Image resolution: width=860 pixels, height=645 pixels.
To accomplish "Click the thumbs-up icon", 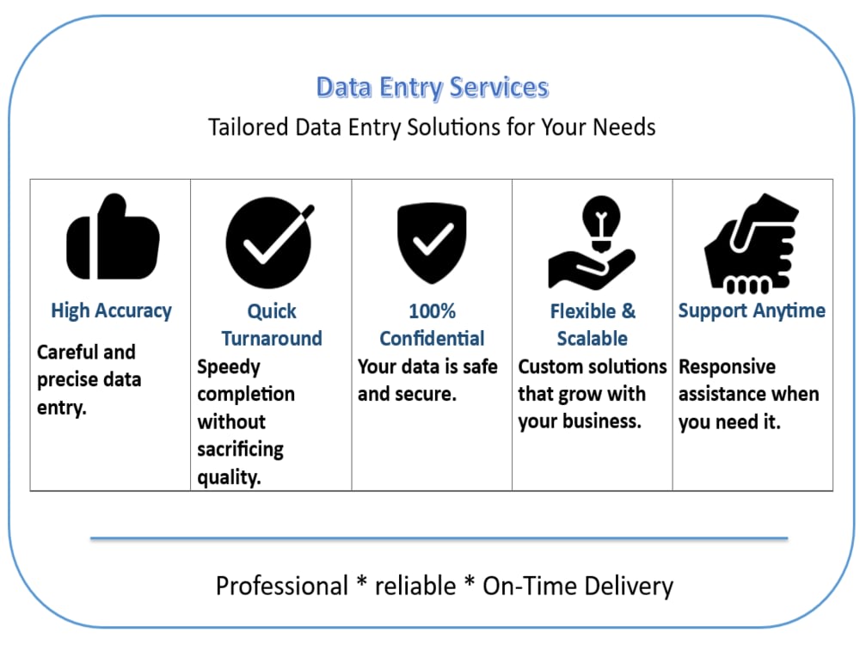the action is coord(113,237).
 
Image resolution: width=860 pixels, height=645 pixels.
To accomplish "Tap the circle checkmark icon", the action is coord(269,243).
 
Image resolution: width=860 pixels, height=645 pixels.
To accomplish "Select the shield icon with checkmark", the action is coord(433,243).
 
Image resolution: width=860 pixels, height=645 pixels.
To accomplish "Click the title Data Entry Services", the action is coord(433,88).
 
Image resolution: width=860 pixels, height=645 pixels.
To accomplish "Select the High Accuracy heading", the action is coord(111,311).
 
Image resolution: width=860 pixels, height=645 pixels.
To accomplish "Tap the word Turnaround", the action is coord(272,338).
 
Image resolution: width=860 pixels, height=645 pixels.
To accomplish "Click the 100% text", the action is coord(433,311).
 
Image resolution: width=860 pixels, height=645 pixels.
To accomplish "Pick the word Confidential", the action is coord(433,338).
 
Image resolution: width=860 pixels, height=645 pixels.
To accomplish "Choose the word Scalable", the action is coord(593,338).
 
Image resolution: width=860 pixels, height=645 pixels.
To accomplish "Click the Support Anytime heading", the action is coord(752,311).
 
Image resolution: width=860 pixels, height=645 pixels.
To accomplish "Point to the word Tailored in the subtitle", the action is coord(249,127).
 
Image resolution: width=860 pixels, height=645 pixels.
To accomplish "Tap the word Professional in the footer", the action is coord(282,586).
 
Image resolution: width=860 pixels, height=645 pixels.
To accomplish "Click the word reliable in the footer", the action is coord(415,586).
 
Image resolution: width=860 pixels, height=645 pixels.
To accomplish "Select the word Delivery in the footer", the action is coord(629,587).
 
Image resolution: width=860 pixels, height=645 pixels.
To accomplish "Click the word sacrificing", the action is coord(240,450).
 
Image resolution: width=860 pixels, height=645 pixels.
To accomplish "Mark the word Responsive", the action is coord(728,367).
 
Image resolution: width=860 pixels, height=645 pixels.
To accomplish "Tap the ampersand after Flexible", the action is coord(629,311).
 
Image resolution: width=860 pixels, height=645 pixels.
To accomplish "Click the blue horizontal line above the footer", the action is coord(439,538).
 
